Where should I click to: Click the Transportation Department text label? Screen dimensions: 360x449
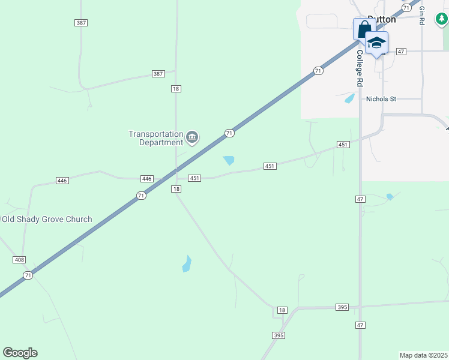(155, 138)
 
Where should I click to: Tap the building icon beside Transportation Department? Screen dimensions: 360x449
(192, 138)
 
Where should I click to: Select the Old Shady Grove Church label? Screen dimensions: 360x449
(47, 219)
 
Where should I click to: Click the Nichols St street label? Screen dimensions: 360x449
(381, 99)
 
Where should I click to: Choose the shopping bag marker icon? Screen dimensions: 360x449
(364, 29)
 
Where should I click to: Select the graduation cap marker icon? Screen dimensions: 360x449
(376, 43)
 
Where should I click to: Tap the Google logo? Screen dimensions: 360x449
(20, 353)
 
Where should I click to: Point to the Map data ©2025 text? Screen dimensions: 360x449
(423, 355)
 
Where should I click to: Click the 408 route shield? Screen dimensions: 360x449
(19, 259)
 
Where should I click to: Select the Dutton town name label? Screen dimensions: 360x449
(382, 19)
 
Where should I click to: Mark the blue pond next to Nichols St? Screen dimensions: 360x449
(349, 98)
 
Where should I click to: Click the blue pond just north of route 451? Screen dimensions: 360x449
(229, 160)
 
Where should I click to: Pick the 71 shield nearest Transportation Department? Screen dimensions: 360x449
(229, 133)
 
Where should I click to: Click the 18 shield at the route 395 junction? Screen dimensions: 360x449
(282, 310)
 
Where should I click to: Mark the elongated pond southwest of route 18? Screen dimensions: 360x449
(187, 264)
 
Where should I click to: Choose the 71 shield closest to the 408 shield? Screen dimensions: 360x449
(28, 275)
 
